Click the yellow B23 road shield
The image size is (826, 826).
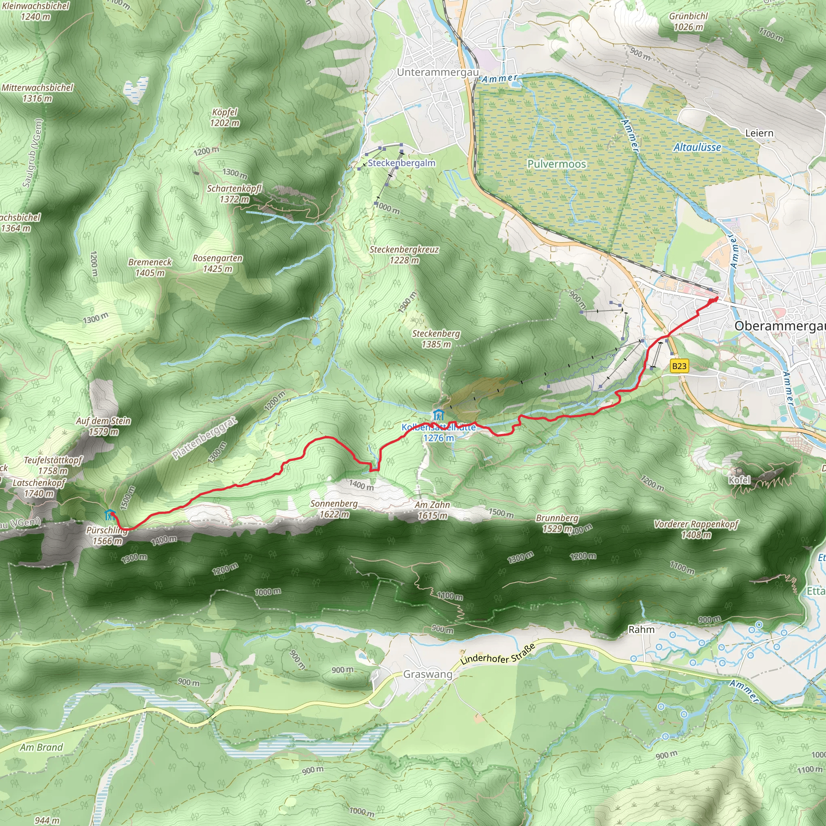[x=679, y=366]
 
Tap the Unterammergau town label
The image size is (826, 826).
[x=437, y=72]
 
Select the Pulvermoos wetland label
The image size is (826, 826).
[x=557, y=164]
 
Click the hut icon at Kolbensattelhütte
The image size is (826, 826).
[x=439, y=415]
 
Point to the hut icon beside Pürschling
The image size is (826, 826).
[x=110, y=514]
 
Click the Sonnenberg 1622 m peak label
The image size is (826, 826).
[x=334, y=509]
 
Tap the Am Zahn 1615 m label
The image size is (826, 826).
[x=432, y=510]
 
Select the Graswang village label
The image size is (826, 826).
[x=428, y=675]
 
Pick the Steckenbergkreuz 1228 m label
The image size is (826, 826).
[x=404, y=254]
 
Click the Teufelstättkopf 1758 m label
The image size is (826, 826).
[x=53, y=465]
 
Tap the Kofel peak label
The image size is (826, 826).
[x=739, y=480]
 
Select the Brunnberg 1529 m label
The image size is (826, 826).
[x=557, y=523]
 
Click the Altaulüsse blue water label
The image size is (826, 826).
[x=697, y=148]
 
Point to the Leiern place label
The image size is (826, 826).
[x=759, y=133]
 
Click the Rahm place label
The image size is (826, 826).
[x=641, y=629]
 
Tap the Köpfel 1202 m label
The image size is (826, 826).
[x=225, y=117]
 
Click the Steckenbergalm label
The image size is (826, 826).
[x=401, y=163]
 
